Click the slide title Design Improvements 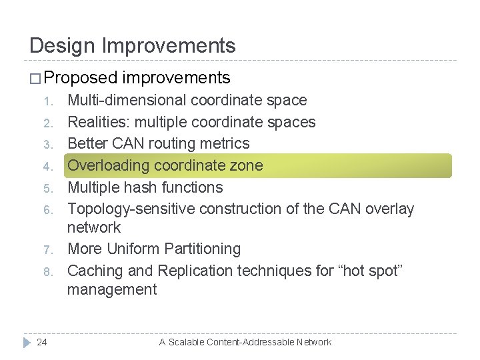(x=133, y=45)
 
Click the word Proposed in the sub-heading (x=81, y=78)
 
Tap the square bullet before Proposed (x=36, y=79)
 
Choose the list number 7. (x=47, y=250)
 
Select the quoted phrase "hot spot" (x=375, y=271)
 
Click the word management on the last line (x=112, y=289)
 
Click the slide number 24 (x=42, y=342)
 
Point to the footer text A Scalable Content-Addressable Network (x=245, y=342)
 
